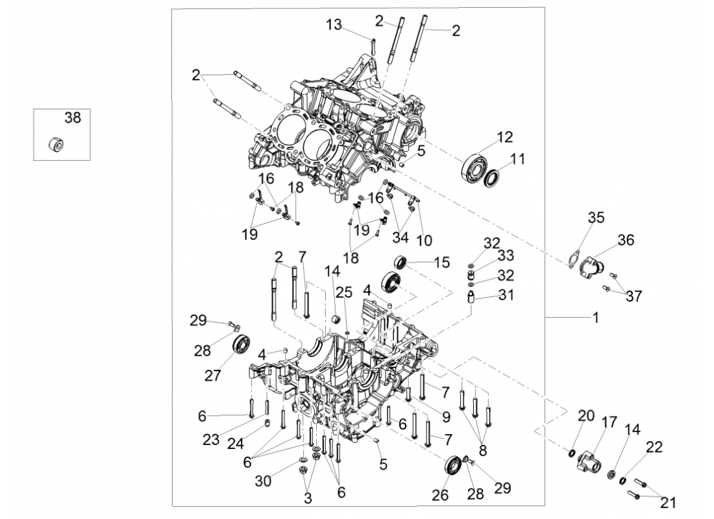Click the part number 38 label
[72, 117]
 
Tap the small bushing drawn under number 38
[56, 145]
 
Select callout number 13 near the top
[334, 25]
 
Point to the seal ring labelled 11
[494, 176]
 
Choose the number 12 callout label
[505, 137]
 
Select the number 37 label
[634, 296]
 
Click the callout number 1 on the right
[595, 319]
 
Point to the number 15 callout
[441, 262]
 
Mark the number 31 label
[506, 295]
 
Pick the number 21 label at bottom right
[668, 501]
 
